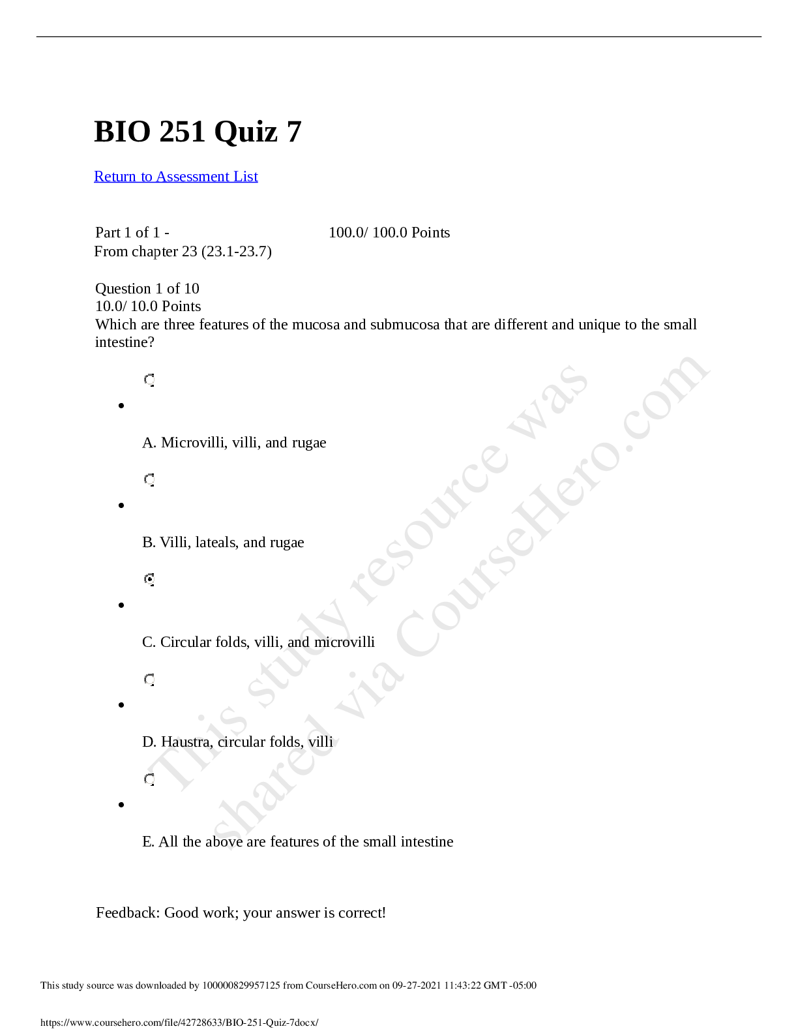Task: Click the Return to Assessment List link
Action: [x=176, y=176]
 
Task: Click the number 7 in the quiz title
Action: [x=294, y=132]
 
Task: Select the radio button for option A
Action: [x=149, y=380]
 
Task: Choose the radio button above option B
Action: [x=149, y=480]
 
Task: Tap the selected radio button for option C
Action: [x=149, y=580]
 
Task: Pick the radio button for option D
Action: [x=149, y=680]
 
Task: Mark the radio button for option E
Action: [x=149, y=779]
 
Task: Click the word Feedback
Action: [x=128, y=913]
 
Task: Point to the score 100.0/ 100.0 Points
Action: [x=389, y=232]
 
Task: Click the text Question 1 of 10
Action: [x=147, y=288]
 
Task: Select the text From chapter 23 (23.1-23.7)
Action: [x=183, y=252]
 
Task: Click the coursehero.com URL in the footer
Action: [x=180, y=1023]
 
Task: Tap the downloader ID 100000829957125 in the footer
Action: [x=241, y=985]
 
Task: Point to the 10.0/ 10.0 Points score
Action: [x=148, y=306]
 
